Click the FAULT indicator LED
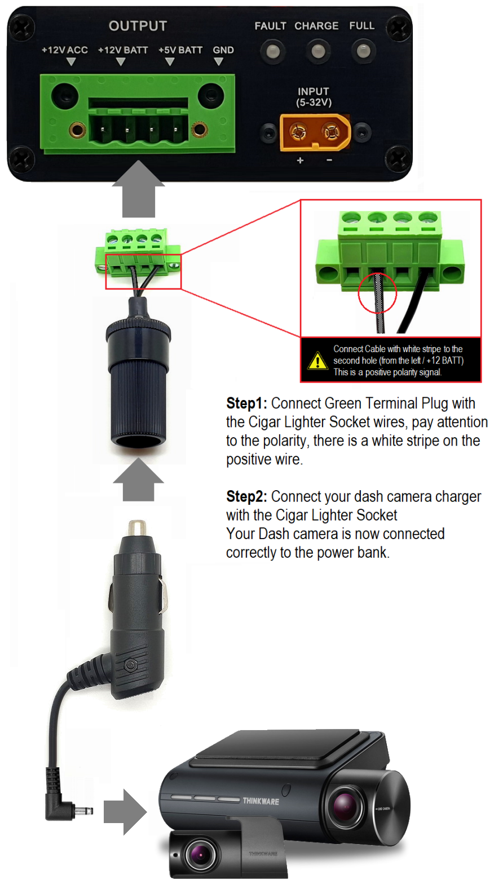[272, 51]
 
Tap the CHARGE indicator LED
[317, 51]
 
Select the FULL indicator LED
[363, 51]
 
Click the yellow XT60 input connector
[315, 132]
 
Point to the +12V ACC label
[65, 50]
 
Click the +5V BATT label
[180, 50]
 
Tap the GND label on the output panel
[223, 50]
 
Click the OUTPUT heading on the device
[138, 26]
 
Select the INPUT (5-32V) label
[314, 97]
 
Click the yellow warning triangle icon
[317, 361]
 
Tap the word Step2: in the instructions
[246, 496]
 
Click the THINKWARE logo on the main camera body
[261, 801]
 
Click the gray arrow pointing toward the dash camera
[125, 812]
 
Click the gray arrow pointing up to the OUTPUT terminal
[138, 189]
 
